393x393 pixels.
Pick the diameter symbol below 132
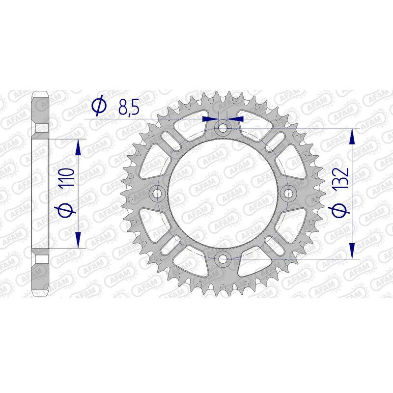click(340, 210)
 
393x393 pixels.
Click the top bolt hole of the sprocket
click(223, 129)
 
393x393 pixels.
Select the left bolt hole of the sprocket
click(158, 194)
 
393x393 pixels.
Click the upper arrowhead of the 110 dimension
click(78, 146)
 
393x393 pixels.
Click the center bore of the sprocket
click(223, 194)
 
